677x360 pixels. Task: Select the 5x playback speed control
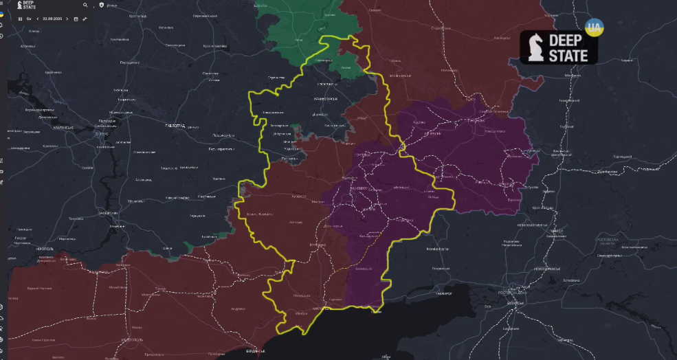29,19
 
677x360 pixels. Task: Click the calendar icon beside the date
76,19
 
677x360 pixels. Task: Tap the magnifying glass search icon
85,5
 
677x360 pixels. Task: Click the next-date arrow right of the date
67,19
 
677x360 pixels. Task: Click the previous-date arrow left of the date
37,19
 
